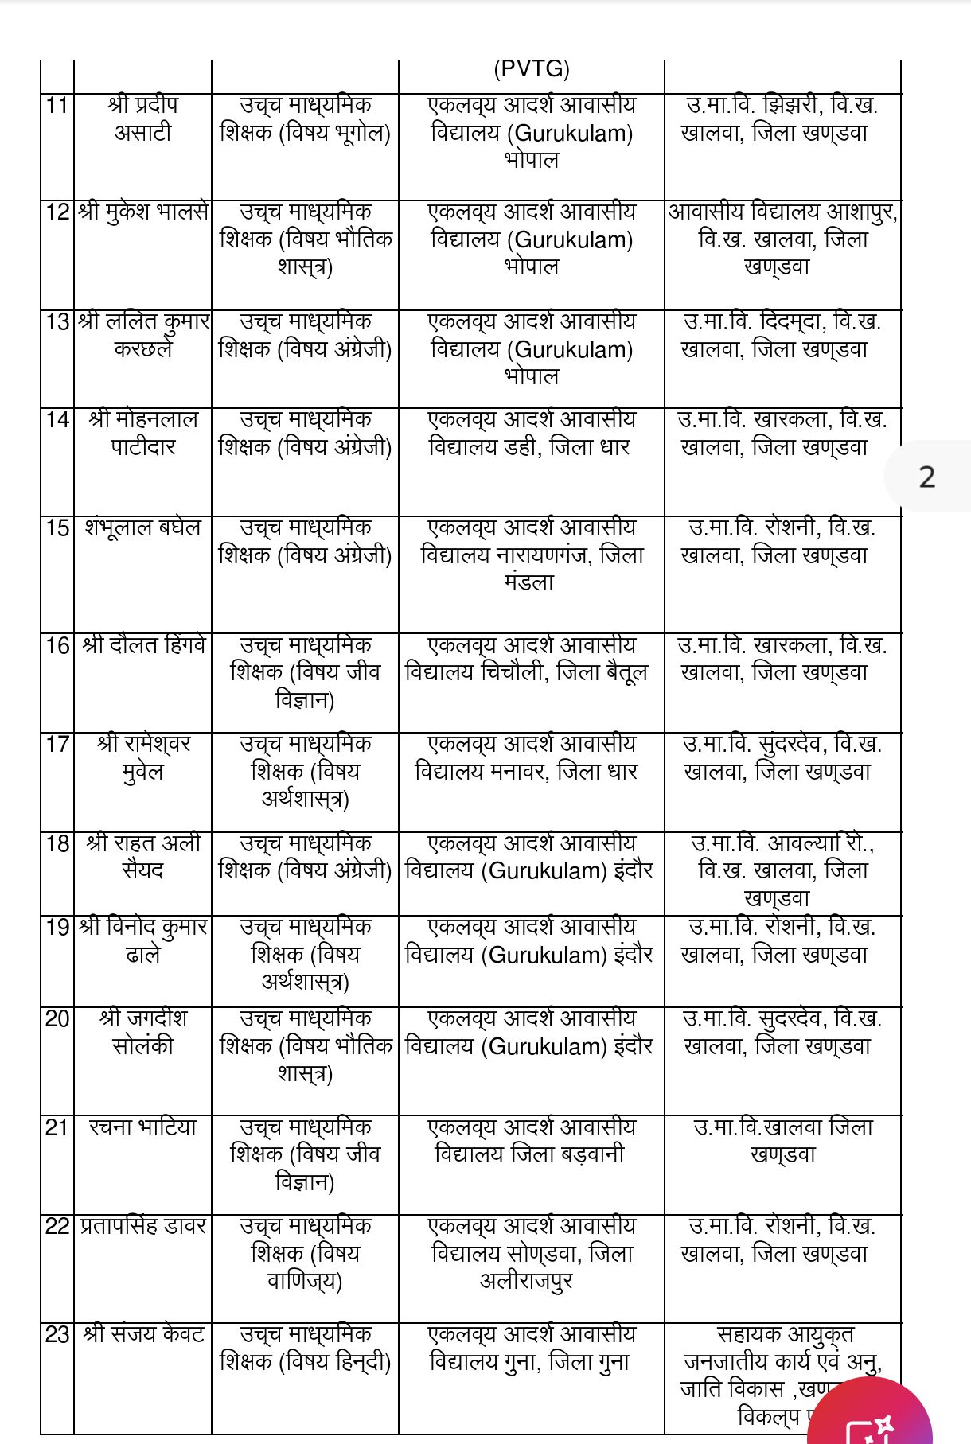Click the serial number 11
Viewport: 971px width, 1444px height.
[57, 106]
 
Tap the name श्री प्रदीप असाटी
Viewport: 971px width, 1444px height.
[143, 119]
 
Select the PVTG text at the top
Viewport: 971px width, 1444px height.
[531, 69]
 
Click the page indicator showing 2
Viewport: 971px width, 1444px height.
[926, 477]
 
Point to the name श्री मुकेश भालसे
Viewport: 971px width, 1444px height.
[143, 212]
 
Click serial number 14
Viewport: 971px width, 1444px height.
[57, 420]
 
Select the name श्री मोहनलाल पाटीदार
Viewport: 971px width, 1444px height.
[143, 434]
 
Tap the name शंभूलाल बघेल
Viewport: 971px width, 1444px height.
[143, 528]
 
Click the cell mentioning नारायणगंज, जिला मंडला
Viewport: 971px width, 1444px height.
[531, 555]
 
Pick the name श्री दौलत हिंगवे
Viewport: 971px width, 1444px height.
[143, 645]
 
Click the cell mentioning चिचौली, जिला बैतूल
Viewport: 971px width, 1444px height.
[526, 659]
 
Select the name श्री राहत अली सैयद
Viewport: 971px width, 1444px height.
[143, 857]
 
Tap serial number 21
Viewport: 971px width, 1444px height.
[57, 1128]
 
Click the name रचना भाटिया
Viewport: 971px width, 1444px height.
[143, 1127]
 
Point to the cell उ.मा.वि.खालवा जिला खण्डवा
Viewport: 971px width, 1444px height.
[782, 1141]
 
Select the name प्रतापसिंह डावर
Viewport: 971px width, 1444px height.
[143, 1227]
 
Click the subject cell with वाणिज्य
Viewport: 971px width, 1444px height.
[305, 1254]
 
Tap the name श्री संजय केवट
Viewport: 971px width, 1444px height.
[143, 1334]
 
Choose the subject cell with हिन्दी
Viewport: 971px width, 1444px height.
[305, 1348]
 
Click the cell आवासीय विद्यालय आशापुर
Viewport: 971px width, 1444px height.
[782, 239]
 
